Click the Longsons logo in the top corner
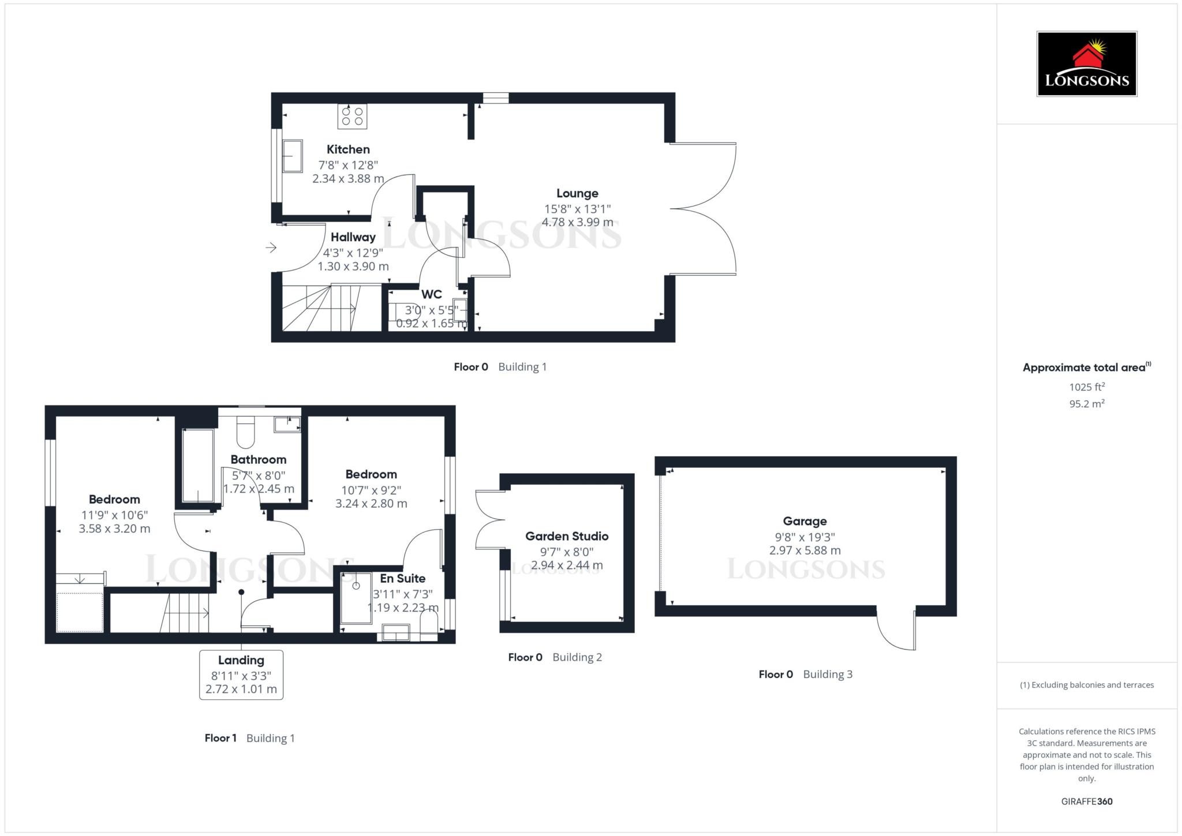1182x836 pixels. tap(1087, 63)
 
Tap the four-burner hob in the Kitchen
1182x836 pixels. tap(352, 116)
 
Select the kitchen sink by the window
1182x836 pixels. tap(292, 156)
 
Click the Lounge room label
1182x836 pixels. tap(577, 193)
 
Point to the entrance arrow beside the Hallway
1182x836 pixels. tap(271, 248)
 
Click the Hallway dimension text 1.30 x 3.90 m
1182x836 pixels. tap(353, 267)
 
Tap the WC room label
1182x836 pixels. tap(431, 294)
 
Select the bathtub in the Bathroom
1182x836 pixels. tap(198, 466)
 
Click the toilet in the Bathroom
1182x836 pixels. tap(246, 432)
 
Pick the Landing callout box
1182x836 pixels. tap(241, 675)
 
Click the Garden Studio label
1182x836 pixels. tap(567, 536)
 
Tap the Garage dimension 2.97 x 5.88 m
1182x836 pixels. tap(805, 550)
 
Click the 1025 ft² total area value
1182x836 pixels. tap(1087, 387)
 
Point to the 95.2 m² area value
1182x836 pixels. tap(1087, 403)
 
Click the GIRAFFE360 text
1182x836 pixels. tap(1087, 801)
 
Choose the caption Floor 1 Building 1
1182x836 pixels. tap(249, 738)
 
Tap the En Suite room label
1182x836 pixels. tap(402, 578)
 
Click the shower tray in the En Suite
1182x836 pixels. tap(356, 598)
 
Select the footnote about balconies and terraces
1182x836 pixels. tap(1087, 685)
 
